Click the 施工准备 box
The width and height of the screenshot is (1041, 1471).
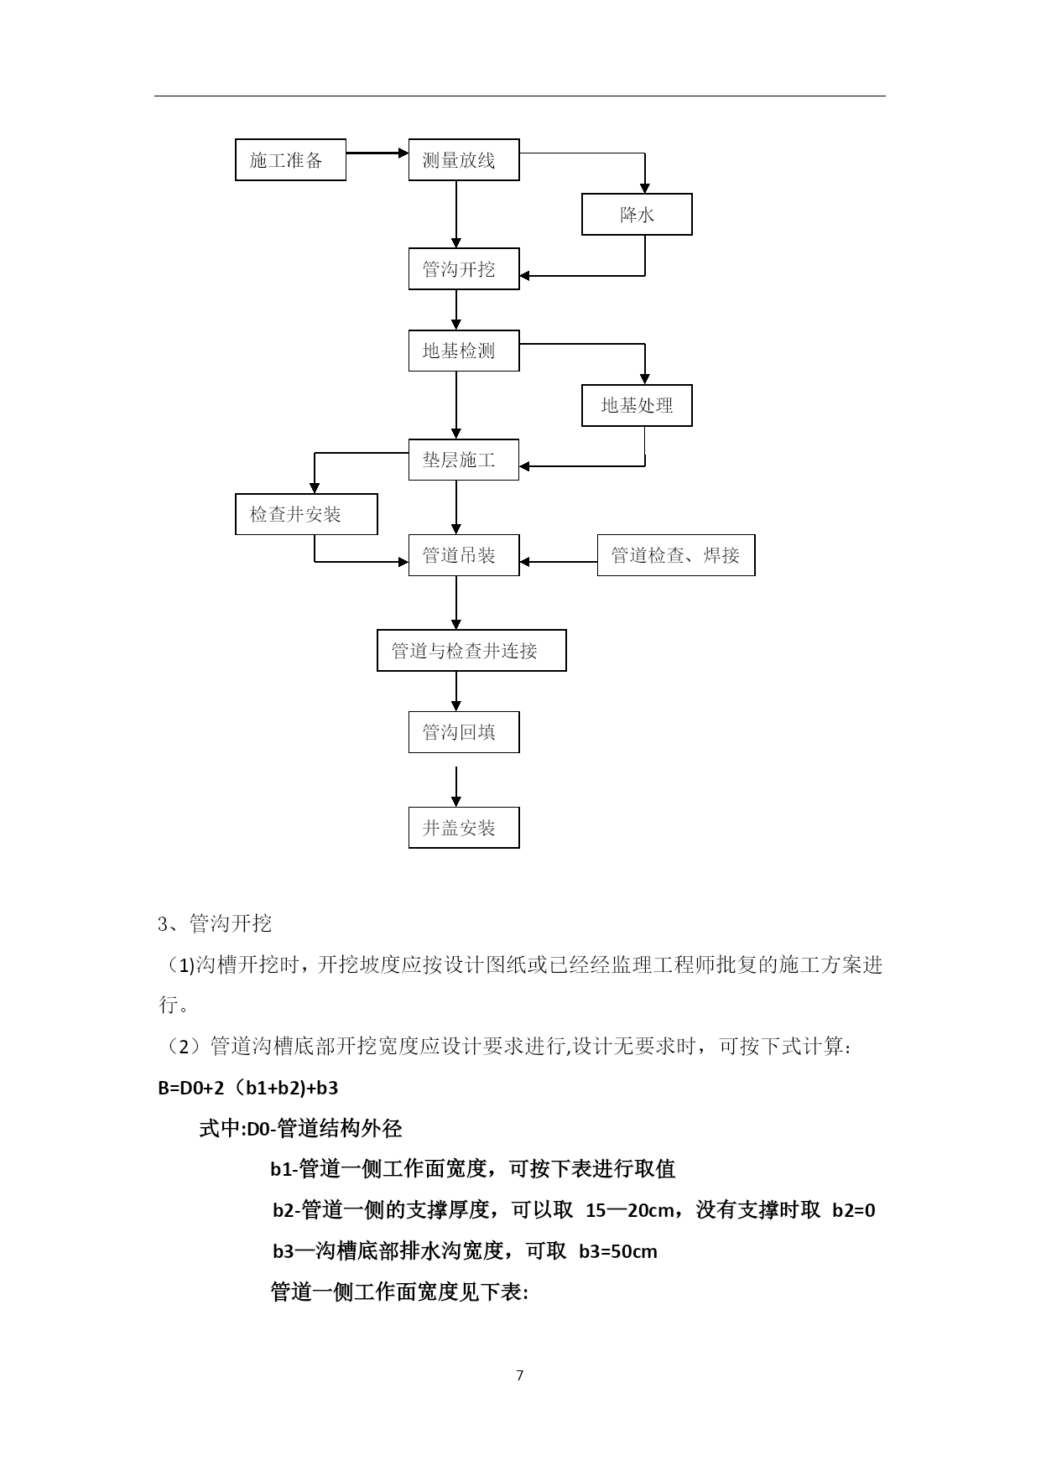[x=290, y=159]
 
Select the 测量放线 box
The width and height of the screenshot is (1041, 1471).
[x=464, y=159]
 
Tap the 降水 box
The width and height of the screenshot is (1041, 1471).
[x=637, y=215]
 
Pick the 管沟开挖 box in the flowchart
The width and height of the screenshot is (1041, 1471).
[x=464, y=269]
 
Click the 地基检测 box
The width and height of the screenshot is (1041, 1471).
[x=464, y=351]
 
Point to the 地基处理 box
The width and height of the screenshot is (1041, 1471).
[x=637, y=405]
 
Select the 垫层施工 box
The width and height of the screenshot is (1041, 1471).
[x=464, y=460]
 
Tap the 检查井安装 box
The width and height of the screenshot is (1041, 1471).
[x=306, y=514]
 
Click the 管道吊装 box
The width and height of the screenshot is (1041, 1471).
[x=464, y=555]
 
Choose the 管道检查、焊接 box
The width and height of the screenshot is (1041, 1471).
[x=676, y=555]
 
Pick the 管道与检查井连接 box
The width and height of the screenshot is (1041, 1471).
[x=471, y=651]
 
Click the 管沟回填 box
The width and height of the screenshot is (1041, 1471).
[x=464, y=732]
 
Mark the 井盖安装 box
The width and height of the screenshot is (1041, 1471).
[x=464, y=828]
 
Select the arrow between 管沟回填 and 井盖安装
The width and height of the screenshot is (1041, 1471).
[x=456, y=786]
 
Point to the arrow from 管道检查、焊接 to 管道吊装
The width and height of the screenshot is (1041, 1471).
[x=559, y=562]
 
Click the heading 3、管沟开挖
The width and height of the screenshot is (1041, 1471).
[x=215, y=924]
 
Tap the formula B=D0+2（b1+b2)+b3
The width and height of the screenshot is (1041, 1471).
[x=248, y=1089]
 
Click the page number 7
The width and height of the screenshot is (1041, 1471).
[x=520, y=1375]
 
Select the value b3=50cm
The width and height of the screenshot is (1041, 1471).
[x=618, y=1252]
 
